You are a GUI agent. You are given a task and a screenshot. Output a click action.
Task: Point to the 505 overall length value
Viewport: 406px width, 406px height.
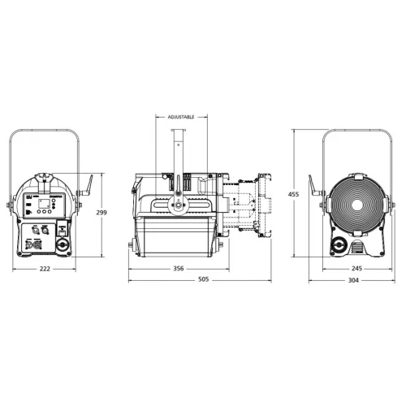click(203, 279)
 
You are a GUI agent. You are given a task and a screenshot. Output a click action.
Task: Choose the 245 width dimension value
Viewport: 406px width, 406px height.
click(356, 268)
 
